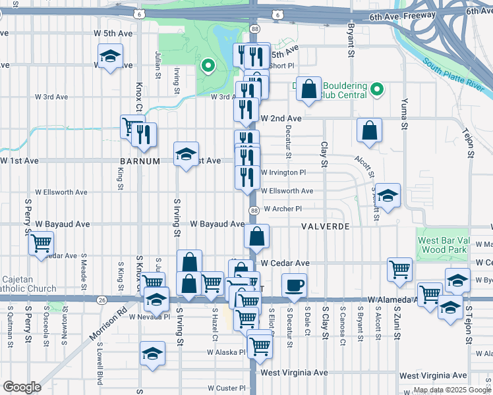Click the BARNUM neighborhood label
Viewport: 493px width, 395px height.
(137, 160)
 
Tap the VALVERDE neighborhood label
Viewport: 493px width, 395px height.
(324, 225)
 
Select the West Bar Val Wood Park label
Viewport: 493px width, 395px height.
(442, 245)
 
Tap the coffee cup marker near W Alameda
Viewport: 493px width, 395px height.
(295, 286)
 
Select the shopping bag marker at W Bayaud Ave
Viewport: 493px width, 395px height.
(257, 235)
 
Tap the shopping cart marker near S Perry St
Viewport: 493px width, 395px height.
(41, 244)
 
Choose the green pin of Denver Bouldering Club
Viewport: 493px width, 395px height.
(377, 89)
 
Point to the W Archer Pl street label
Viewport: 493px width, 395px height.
(282, 209)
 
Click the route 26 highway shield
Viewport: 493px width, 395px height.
(100, 300)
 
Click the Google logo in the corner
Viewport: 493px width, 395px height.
(22, 387)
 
